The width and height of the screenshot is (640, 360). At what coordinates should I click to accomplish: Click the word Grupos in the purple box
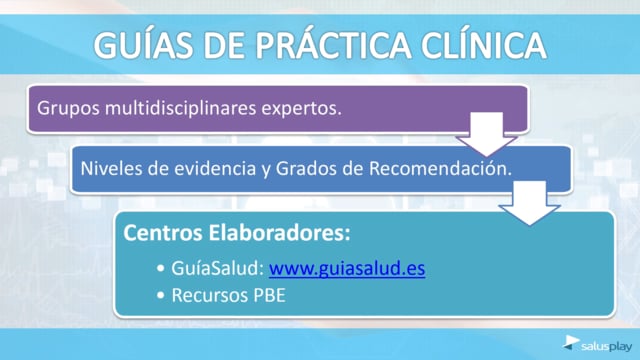[x=68, y=109]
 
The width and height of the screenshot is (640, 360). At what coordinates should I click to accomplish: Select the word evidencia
[x=215, y=168]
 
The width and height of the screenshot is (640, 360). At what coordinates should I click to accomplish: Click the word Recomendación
[x=440, y=168]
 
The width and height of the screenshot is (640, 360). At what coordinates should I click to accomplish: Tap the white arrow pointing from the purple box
[x=486, y=134]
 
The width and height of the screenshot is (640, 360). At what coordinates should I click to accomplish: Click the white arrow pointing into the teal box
[x=529, y=203]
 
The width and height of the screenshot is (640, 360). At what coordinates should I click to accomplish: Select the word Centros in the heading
[x=163, y=233]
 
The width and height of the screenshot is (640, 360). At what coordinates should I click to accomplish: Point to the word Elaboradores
[x=280, y=233]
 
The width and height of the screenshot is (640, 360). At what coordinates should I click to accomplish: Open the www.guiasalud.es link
[x=347, y=269]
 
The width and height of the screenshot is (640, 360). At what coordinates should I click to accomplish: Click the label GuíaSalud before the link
[x=218, y=269]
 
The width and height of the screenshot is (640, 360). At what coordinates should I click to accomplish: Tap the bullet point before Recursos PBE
[x=160, y=296]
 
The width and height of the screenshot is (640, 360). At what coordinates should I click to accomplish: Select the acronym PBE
[x=269, y=296]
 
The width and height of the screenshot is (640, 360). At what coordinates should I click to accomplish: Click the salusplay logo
[x=597, y=344]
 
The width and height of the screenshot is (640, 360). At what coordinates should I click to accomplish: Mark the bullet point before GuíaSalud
[x=160, y=269]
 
